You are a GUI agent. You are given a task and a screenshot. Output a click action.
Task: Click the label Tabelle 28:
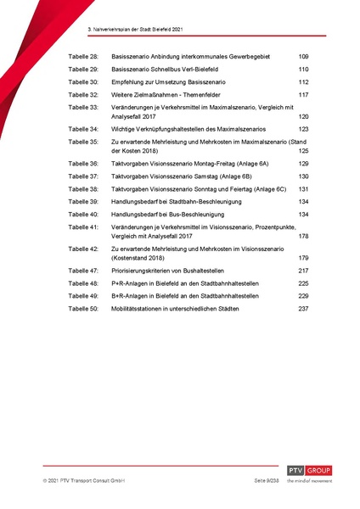[x=84, y=56]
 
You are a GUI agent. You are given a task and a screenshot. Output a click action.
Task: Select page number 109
[x=303, y=56]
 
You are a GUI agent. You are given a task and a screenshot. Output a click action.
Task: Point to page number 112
[x=303, y=82]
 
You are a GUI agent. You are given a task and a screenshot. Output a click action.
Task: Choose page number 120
[x=303, y=115]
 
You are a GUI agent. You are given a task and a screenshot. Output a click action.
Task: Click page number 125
[x=303, y=149]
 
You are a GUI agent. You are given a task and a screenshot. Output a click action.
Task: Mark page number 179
[x=303, y=256]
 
